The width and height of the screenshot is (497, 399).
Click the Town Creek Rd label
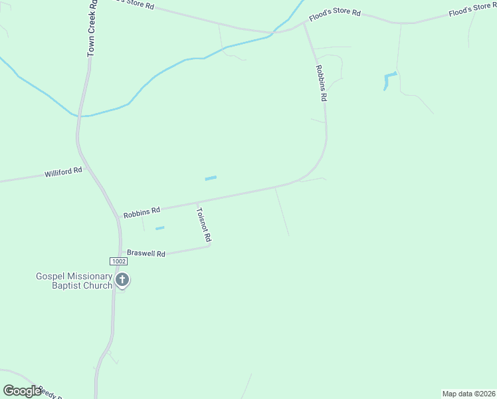(x=92, y=28)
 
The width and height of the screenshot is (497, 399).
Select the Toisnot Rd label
(x=204, y=225)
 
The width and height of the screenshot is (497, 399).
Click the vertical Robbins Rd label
(x=322, y=82)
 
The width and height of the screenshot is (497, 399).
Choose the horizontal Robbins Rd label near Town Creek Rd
(x=142, y=211)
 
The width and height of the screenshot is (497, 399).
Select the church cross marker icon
(x=122, y=279)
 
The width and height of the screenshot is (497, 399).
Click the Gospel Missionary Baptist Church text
(x=74, y=281)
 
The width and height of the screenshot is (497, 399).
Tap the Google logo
(x=22, y=391)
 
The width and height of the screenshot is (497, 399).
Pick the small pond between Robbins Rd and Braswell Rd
(x=159, y=228)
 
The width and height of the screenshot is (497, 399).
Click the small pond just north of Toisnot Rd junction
(x=211, y=178)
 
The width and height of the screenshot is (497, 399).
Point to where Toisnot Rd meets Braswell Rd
(x=209, y=246)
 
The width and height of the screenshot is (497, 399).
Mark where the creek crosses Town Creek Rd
(x=79, y=116)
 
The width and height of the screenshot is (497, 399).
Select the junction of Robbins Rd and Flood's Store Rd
(x=305, y=23)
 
